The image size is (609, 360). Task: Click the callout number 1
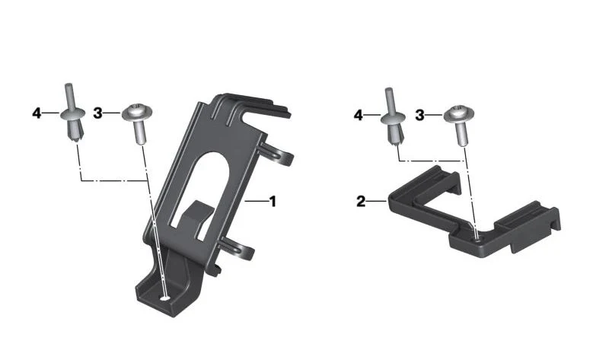click(273, 202)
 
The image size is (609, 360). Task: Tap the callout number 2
click(361, 202)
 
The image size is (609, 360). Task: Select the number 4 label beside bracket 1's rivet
click(37, 113)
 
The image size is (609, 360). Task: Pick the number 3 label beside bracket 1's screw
click(97, 113)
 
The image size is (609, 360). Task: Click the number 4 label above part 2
click(358, 116)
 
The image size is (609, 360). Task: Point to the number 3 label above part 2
click(419, 116)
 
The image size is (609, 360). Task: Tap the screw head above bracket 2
click(459, 113)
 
